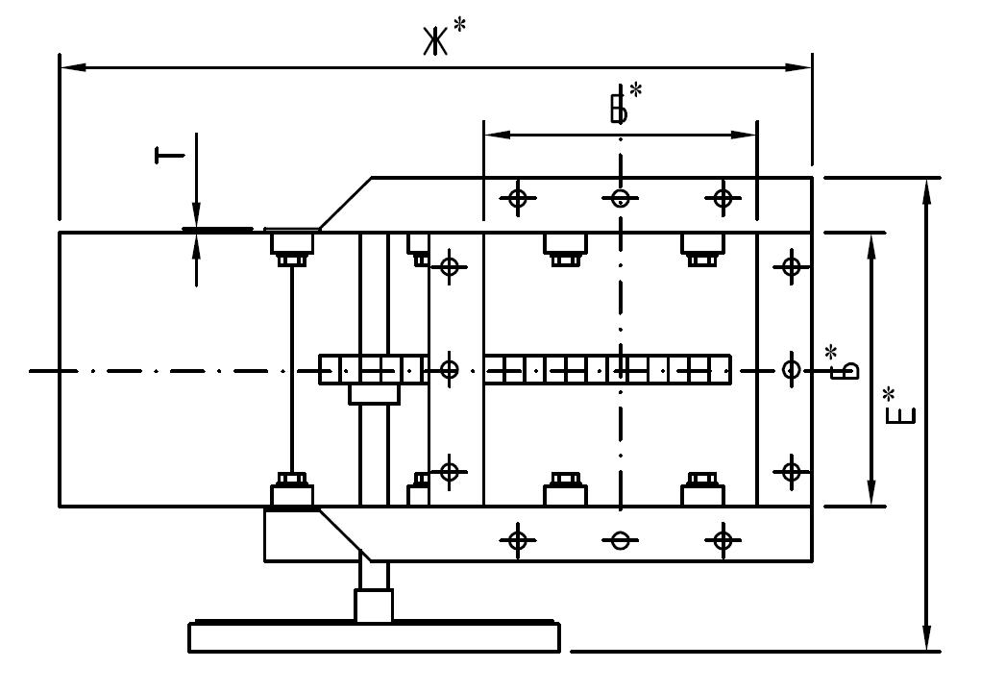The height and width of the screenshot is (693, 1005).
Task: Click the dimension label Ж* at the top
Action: [x=444, y=37]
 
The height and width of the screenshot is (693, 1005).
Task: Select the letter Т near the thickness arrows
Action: [x=169, y=155]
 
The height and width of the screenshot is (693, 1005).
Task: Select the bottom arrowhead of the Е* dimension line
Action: [x=926, y=638]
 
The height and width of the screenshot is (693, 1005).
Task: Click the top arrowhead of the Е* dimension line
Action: [x=926, y=191]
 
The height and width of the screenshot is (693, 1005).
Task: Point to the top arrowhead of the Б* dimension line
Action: [x=871, y=246]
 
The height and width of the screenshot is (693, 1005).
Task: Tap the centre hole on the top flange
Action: [x=620, y=198]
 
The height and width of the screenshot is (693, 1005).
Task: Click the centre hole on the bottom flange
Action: [x=620, y=540]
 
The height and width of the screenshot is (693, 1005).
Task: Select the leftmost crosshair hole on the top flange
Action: [x=518, y=198]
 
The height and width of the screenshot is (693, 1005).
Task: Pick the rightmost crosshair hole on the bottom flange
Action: [x=723, y=540]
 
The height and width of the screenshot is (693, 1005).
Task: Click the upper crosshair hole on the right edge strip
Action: [x=792, y=266]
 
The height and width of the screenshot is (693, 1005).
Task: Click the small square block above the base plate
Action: [x=374, y=606]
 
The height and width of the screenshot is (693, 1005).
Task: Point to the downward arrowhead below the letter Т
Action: [x=196, y=215]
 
